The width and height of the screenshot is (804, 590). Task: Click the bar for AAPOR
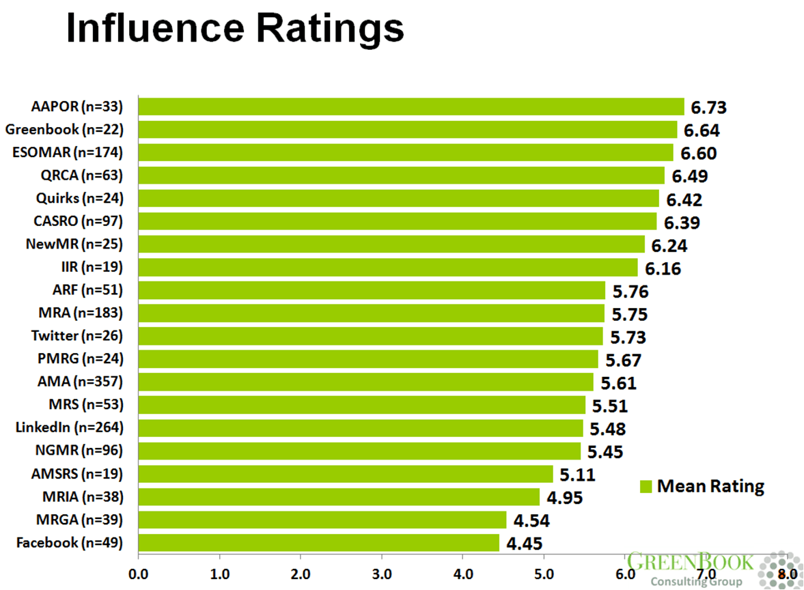tap(411, 107)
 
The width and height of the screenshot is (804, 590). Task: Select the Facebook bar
tap(319, 543)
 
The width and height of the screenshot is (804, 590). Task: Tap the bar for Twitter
tap(371, 336)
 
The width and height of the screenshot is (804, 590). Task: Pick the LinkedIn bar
tap(361, 428)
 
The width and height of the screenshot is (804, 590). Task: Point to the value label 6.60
tap(698, 153)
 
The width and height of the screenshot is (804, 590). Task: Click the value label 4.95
tap(564, 498)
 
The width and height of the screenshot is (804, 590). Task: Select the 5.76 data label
tap(630, 292)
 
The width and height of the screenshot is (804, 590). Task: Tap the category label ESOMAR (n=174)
tap(68, 152)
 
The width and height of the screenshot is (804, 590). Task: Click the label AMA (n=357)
tap(80, 381)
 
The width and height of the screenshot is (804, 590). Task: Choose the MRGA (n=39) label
tap(79, 520)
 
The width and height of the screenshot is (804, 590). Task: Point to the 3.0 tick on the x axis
tap(381, 574)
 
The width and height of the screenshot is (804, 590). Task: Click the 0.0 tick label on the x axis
tap(138, 574)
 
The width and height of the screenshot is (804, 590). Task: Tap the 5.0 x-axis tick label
tap(544, 574)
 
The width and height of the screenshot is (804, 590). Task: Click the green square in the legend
tap(646, 486)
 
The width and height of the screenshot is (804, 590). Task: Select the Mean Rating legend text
tap(710, 486)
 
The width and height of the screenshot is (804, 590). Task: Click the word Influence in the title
tap(155, 28)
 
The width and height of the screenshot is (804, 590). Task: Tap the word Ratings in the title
tap(330, 30)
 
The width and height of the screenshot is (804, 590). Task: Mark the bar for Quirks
tap(398, 199)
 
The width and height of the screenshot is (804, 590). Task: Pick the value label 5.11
tap(577, 475)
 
